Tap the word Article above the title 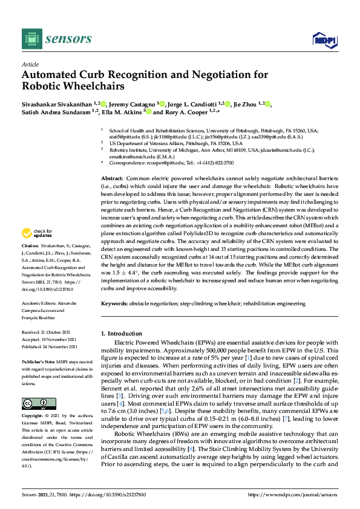[x=30, y=63]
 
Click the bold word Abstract [x=111, y=180]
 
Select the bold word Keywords [x=115, y=303]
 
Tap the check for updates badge [x=36, y=232]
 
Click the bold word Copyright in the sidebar [x=32, y=416]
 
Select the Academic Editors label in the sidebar [x=39, y=302]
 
